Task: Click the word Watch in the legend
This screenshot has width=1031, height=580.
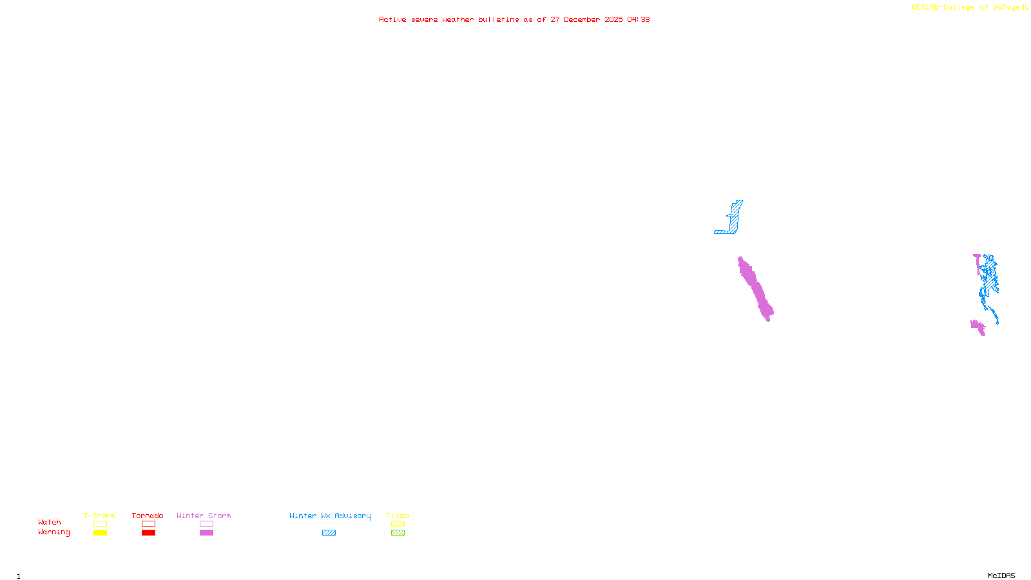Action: pos(50,522)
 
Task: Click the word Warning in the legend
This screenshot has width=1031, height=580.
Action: pos(53,532)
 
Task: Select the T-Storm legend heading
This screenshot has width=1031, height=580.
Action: pos(99,516)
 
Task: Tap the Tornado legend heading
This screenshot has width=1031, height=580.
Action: pos(148,516)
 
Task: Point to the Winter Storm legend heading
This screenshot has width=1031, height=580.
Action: pos(204,516)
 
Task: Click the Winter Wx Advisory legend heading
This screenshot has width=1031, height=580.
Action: pos(330,516)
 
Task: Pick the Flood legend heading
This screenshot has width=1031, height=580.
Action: pos(398,516)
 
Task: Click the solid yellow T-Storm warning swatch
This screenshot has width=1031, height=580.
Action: pos(100,533)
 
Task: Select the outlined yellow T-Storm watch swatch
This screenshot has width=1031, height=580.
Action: pos(100,524)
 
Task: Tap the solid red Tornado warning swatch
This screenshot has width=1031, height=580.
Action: pos(148,533)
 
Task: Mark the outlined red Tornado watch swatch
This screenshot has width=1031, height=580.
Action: pos(148,524)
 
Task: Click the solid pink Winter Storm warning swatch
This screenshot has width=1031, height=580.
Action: pos(206,533)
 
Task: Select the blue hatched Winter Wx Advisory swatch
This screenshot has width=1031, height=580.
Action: pos(329,533)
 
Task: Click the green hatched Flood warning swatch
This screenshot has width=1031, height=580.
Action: pos(398,533)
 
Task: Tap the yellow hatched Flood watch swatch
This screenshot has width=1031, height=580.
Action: pos(398,524)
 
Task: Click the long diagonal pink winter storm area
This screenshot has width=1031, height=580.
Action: pos(755,289)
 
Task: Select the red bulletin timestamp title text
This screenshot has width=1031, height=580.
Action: pos(514,19)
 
